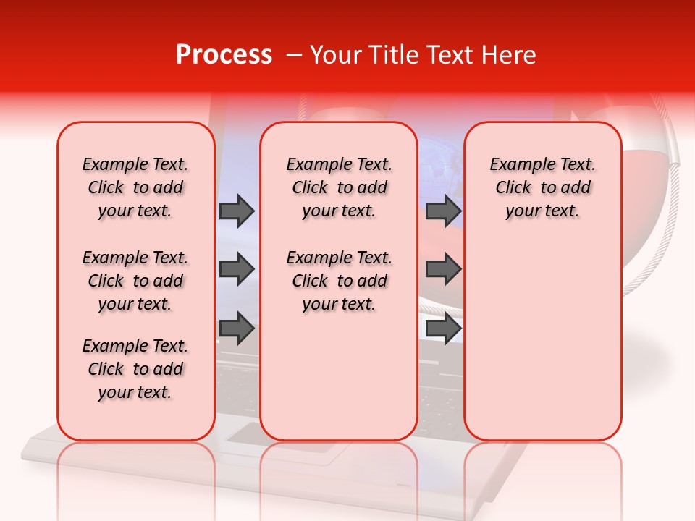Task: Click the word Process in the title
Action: (224, 55)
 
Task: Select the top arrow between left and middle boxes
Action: (237, 211)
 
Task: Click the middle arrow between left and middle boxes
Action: (237, 269)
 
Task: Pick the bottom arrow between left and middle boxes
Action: (237, 329)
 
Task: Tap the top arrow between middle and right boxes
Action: (443, 211)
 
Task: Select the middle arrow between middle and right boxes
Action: (443, 269)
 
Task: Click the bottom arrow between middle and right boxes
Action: (443, 329)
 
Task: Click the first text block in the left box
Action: (135, 187)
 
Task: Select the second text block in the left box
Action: (135, 281)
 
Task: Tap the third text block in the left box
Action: (135, 369)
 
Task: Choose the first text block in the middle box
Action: (339, 187)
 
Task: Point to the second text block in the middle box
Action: (339, 281)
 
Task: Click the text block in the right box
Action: (542, 187)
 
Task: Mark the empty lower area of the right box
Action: (542, 340)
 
